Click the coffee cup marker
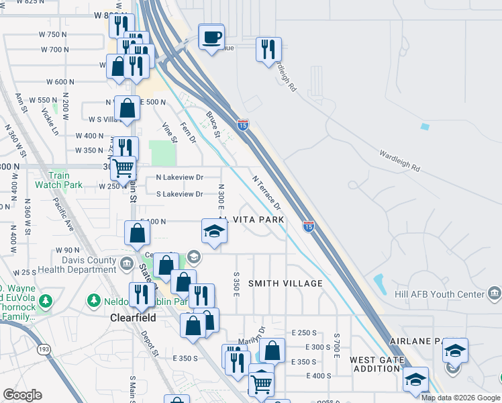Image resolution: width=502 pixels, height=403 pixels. click(211, 36)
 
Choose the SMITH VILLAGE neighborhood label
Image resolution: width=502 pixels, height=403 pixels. click(285, 283)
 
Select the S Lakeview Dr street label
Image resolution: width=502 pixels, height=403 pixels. click(179, 194)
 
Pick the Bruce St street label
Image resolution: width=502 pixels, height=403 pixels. click(213, 124)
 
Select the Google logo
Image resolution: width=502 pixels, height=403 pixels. click(22, 395)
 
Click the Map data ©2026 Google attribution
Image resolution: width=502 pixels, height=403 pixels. click(460, 398)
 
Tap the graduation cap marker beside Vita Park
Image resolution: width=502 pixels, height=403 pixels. click(215, 232)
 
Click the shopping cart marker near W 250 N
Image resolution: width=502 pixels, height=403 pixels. click(123, 168)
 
